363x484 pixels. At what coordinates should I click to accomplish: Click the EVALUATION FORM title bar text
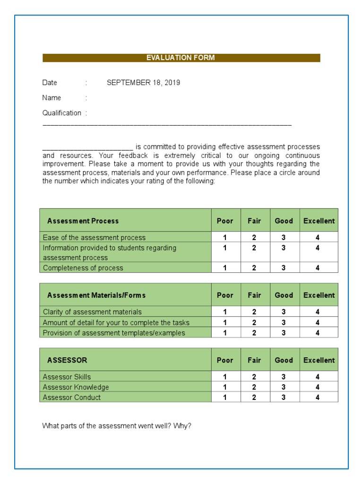181,58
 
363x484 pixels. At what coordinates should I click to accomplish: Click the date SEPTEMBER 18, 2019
143,83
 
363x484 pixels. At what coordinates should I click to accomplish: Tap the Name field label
52,98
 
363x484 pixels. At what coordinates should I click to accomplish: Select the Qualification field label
61,113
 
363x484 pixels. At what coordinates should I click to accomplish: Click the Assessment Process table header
83,221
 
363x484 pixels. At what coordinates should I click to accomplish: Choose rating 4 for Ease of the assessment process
318,237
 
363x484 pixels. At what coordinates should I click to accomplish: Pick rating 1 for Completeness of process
225,268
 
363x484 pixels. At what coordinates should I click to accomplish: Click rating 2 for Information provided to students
254,248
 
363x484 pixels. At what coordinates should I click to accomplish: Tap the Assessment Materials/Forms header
96,295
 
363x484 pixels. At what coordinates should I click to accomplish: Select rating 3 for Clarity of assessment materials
284,312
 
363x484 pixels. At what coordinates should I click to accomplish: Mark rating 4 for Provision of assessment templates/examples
318,333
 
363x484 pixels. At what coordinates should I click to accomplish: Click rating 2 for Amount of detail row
254,322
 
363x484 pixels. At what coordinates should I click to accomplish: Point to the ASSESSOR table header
67,360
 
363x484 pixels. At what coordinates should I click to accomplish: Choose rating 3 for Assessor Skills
284,377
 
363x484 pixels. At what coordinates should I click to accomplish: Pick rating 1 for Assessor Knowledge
225,387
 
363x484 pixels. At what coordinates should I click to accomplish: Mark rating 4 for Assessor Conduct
318,398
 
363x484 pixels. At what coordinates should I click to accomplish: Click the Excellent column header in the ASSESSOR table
319,360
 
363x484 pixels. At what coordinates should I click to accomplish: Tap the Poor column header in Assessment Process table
225,221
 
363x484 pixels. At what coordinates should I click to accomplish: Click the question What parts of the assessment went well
117,426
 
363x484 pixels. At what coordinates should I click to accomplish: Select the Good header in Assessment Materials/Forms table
284,295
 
